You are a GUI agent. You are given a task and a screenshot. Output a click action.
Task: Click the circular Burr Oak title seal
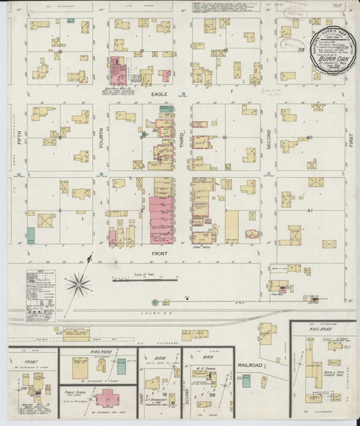click(x=334, y=47)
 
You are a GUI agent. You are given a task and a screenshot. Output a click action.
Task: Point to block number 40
click(x=310, y=137)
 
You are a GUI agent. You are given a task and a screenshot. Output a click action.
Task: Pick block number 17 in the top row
click(x=143, y=51)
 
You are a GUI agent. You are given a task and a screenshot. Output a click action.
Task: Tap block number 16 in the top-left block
click(x=60, y=51)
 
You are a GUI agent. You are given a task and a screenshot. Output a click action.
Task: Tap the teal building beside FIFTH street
click(x=31, y=235)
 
